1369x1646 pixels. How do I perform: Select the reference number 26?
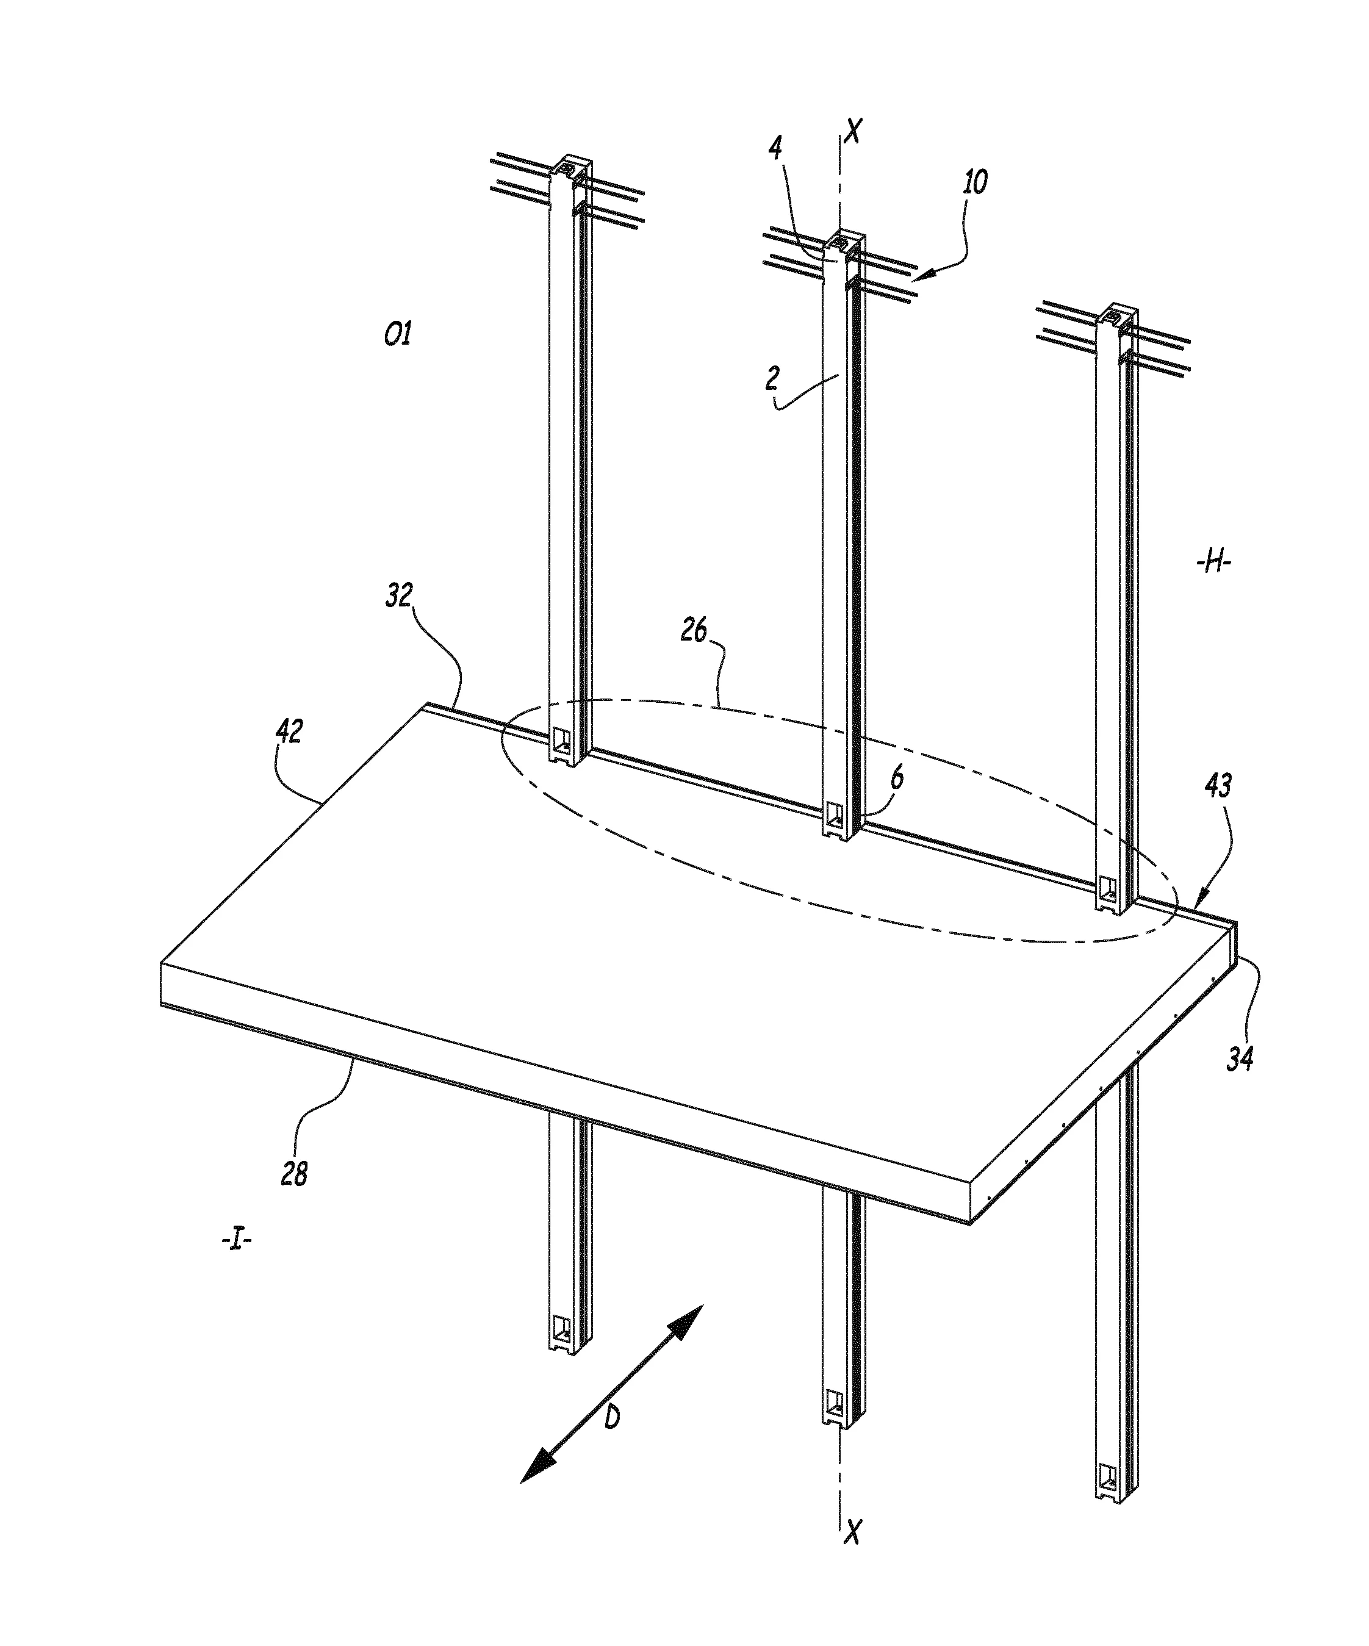(694, 630)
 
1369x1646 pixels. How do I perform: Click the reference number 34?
(1240, 1059)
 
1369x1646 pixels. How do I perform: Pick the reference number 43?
(1216, 786)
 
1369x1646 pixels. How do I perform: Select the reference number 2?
(773, 379)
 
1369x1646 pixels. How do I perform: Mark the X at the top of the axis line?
(853, 131)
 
